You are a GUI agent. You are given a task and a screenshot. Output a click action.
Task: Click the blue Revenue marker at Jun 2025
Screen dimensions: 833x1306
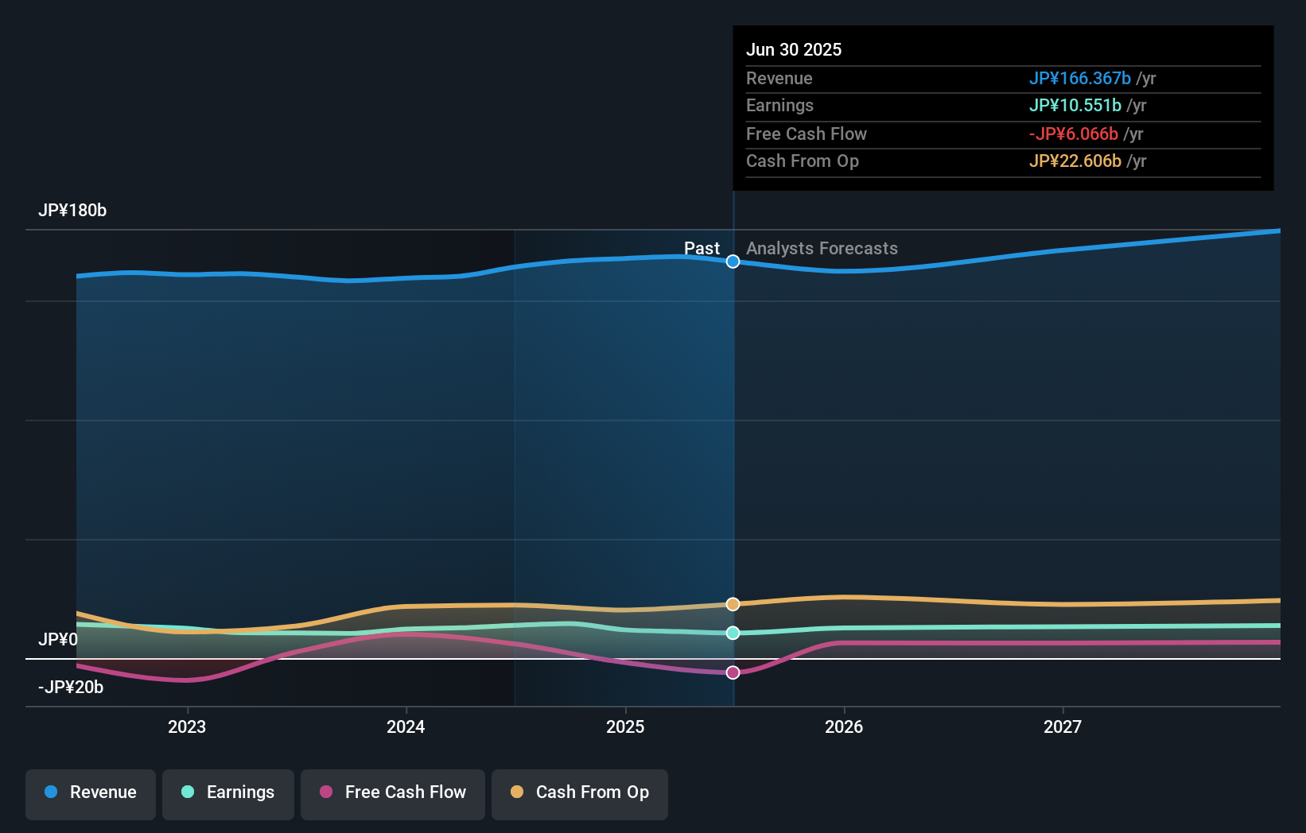pyautogui.click(x=733, y=262)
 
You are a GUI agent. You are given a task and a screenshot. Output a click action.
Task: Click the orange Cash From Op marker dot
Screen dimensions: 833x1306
pyautogui.click(x=733, y=604)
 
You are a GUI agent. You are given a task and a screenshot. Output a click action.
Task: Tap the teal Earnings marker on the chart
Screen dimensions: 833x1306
pyautogui.click(x=733, y=633)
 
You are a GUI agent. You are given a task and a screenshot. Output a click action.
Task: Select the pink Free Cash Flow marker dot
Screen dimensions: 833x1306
pyautogui.click(x=733, y=672)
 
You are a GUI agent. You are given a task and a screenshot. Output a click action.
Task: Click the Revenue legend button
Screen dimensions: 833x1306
pyautogui.click(x=91, y=792)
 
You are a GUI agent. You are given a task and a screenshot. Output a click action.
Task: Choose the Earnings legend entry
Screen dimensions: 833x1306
pyautogui.click(x=228, y=792)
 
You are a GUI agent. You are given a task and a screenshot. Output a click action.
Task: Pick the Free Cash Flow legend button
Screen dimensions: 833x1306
pyautogui.click(x=393, y=792)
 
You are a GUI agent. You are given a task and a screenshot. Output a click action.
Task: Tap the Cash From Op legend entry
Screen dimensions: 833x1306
pyautogui.click(x=580, y=792)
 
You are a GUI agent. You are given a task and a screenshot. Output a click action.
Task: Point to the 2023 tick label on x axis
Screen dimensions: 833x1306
pyautogui.click(x=187, y=726)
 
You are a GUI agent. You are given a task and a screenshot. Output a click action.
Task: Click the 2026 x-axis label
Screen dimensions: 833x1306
pyautogui.click(x=844, y=726)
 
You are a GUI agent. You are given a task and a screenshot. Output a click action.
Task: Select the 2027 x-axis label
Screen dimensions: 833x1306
pyautogui.click(x=1063, y=726)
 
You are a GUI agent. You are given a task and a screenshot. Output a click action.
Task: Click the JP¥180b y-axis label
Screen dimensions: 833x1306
pyautogui.click(x=72, y=211)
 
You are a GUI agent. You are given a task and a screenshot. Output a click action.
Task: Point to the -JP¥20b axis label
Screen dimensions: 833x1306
pyautogui.click(x=71, y=688)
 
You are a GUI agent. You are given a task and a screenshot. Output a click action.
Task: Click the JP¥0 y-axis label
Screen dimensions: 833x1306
pyautogui.click(x=58, y=640)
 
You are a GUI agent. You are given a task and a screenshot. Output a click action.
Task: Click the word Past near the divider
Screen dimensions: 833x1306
pyautogui.click(x=702, y=249)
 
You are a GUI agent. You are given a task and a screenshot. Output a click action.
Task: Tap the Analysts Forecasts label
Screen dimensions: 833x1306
pyautogui.click(x=822, y=249)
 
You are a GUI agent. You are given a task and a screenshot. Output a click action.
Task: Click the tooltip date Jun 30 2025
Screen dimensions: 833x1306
pyautogui.click(x=794, y=49)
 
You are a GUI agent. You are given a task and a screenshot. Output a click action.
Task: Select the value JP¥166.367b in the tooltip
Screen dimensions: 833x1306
pyautogui.click(x=1079, y=78)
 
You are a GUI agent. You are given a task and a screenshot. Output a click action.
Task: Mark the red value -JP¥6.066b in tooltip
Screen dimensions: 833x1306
pyautogui.click(x=1073, y=134)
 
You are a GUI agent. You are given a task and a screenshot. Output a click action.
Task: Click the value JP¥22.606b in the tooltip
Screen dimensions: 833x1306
pyautogui.click(x=1075, y=161)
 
